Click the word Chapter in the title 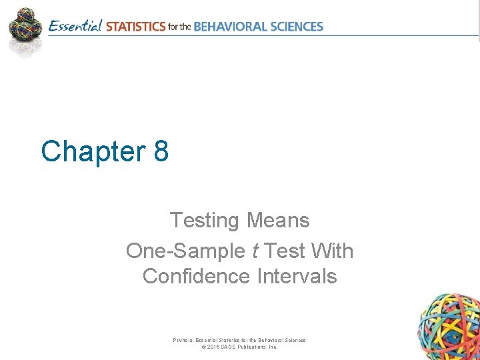pos(93,151)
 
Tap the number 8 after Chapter pos(161,151)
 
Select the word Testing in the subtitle pos(205,219)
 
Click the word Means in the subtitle pos(279,219)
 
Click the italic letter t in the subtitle pos(256,251)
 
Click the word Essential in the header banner pos(75,27)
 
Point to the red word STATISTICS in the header pos(135,27)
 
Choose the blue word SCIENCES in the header pos(297,27)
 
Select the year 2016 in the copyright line pos(214,347)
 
